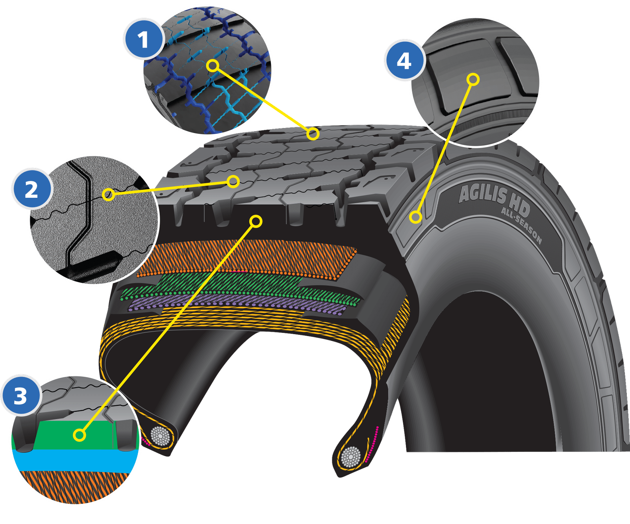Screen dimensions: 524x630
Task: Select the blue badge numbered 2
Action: pos(32,190)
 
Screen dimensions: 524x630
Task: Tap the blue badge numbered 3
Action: pos(20,396)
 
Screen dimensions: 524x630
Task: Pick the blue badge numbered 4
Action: pos(404,61)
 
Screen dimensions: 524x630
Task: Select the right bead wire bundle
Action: pos(350,457)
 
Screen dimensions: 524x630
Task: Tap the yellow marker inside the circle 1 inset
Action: pos(213,65)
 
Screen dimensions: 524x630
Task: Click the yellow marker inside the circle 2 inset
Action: pos(108,194)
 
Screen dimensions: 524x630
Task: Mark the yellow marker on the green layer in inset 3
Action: pos(80,435)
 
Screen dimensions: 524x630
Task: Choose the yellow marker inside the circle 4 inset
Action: pos(473,80)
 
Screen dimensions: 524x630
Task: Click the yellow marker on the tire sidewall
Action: pos(415,217)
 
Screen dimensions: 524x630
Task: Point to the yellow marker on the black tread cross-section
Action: pos(256,222)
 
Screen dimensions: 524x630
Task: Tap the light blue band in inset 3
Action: pos(75,461)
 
